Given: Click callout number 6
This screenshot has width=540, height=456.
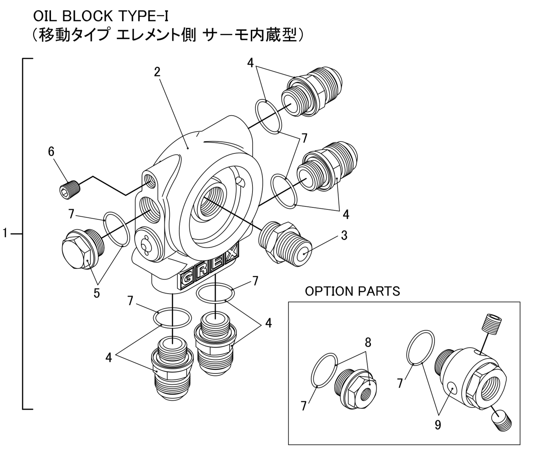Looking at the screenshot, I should [51, 152].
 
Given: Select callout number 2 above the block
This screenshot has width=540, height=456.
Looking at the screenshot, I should [157, 72].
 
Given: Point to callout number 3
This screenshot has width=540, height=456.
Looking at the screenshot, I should [344, 235].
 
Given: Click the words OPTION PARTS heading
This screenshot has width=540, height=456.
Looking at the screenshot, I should [352, 291].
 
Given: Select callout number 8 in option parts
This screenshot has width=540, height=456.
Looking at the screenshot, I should [368, 342].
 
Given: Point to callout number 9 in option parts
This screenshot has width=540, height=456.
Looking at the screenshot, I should [437, 425].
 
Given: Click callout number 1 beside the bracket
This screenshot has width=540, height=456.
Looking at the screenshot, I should [5, 233].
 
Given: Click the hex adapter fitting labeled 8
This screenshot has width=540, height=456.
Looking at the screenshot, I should [356, 389].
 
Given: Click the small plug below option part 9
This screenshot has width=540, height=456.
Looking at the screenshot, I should [502, 420].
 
